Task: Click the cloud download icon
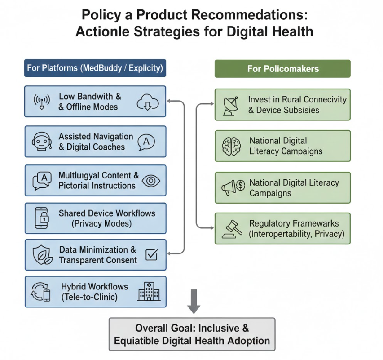[x=148, y=102]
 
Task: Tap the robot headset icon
[x=42, y=142]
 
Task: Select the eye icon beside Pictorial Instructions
[x=151, y=181]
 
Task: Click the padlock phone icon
[x=42, y=218]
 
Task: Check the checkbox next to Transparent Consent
[x=151, y=254]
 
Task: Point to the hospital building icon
[x=149, y=291]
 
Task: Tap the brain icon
[x=231, y=146]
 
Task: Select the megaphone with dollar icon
[x=233, y=187]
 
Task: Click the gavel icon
[x=232, y=229]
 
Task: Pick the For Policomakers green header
[x=282, y=69]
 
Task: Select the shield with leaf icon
[x=43, y=255]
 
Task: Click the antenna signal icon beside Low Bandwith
[x=42, y=102]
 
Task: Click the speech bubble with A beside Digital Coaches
[x=146, y=142]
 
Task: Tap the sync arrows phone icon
[x=40, y=292]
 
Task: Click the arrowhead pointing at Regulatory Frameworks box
[x=212, y=228]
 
